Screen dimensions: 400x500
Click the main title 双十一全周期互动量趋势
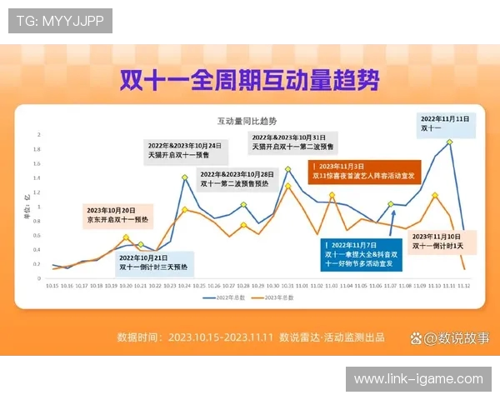point(250,80)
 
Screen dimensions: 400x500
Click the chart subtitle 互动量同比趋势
point(247,121)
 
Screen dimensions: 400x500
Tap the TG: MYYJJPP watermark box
point(61,21)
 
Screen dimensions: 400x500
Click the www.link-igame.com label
point(418,379)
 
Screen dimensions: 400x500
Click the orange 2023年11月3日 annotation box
point(365,172)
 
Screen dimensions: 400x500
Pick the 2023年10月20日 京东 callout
point(117,214)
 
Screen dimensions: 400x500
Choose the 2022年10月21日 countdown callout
point(152,262)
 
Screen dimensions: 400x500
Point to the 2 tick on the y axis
point(39,134)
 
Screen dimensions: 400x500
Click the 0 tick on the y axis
point(39,277)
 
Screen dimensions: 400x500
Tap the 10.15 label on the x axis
point(52,285)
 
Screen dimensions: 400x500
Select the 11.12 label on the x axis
point(463,285)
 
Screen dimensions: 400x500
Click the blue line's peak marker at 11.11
point(449,142)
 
